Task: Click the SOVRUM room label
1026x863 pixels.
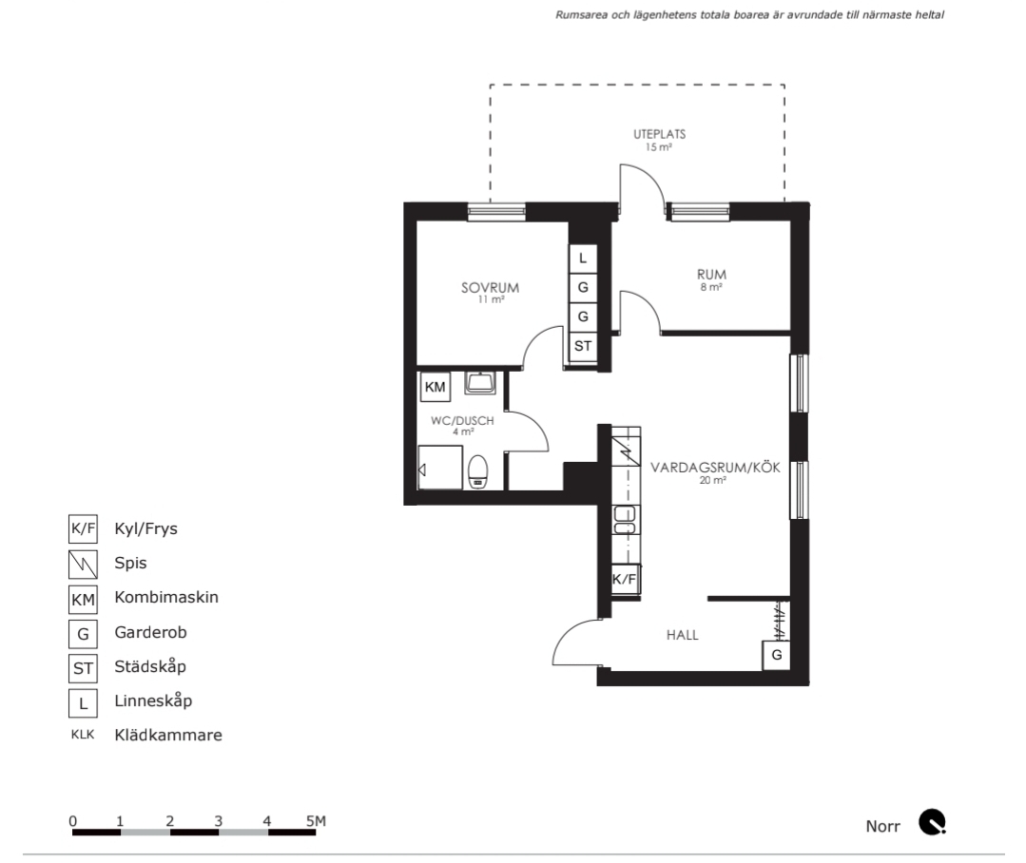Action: [490, 288]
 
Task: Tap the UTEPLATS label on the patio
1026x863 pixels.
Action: [660, 134]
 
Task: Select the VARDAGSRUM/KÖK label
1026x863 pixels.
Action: [715, 468]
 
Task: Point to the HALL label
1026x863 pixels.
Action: [683, 635]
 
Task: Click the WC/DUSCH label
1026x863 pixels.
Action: [462, 421]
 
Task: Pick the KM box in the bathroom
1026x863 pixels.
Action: [436, 387]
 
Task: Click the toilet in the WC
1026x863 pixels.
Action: [478, 472]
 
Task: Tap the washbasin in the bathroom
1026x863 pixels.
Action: [480, 383]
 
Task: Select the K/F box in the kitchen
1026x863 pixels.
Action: [624, 579]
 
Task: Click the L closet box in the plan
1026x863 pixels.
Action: [583, 259]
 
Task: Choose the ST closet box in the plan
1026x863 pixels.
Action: [583, 346]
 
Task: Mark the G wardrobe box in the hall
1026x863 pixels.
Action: [777, 655]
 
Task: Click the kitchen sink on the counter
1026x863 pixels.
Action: [626, 520]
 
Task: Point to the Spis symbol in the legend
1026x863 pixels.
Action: [83, 565]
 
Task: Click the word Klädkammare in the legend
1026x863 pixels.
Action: [168, 735]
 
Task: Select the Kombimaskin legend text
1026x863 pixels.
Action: [166, 597]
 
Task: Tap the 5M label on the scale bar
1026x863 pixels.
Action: [316, 821]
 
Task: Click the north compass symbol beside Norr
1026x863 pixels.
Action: [933, 822]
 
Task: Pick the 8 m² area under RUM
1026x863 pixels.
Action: [711, 287]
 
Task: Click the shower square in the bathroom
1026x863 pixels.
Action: [440, 468]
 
